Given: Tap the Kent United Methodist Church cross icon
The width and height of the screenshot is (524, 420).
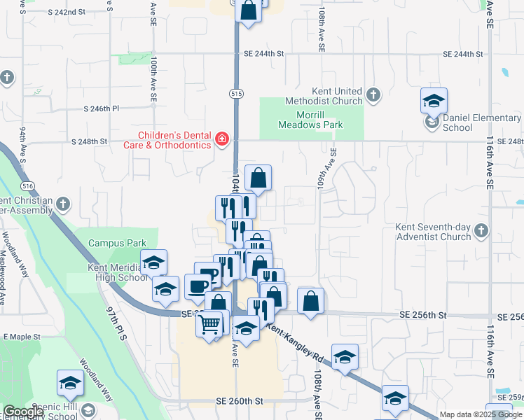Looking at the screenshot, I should click(373, 95).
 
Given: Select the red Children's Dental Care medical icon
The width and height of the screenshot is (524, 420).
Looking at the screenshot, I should click(222, 140).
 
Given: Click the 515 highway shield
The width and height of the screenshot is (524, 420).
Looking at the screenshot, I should click(235, 93).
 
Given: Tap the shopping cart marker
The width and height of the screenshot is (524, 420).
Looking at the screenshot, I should click(210, 324).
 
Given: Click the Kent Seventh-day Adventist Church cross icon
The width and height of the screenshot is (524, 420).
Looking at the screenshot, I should click(481, 230).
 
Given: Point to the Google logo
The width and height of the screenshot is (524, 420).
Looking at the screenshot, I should click(23, 412).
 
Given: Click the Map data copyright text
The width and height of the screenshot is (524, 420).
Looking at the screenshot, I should click(481, 414).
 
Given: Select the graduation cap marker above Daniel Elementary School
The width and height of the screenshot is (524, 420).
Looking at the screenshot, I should click(434, 100).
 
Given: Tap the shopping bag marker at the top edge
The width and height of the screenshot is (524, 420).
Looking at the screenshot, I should click(248, 10).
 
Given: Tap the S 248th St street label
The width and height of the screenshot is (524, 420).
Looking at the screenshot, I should click(89, 141).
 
